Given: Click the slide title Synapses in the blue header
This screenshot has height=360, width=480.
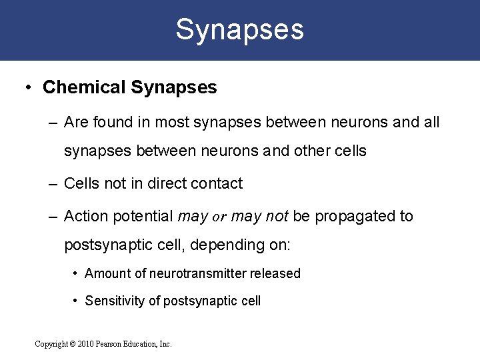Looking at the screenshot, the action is pyautogui.click(x=239, y=29).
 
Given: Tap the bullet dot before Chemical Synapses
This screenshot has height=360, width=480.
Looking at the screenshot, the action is pyautogui.click(x=28, y=87).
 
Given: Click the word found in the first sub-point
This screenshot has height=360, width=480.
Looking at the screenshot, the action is pyautogui.click(x=110, y=122).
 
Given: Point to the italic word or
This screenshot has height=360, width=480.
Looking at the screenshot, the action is pyautogui.click(x=219, y=217).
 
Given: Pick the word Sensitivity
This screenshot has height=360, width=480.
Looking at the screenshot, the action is pyautogui.click(x=115, y=301).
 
